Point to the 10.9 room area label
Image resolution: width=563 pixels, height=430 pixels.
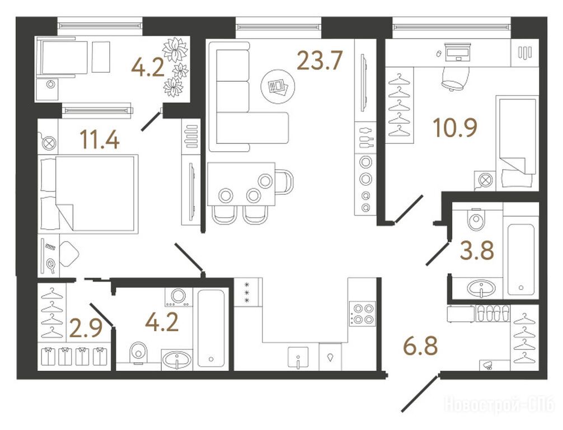click(455, 128)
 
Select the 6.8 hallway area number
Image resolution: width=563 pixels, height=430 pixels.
click(420, 346)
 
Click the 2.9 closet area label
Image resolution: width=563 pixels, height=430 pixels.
click(86, 329)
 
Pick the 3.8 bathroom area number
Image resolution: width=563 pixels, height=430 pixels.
click(477, 250)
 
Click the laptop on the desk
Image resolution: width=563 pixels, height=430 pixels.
click(457, 52)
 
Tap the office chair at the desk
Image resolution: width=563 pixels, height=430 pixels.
click(456, 78)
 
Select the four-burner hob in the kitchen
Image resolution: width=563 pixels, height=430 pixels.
click(362, 314)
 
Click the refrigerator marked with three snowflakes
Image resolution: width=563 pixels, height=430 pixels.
click(248, 292)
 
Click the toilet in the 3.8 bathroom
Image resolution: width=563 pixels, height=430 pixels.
click(476, 218)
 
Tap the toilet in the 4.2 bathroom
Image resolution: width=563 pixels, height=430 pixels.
click(138, 353)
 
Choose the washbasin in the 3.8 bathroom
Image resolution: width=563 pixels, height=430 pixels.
click(481, 288)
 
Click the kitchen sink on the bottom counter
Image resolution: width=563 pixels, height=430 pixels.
click(298, 357)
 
